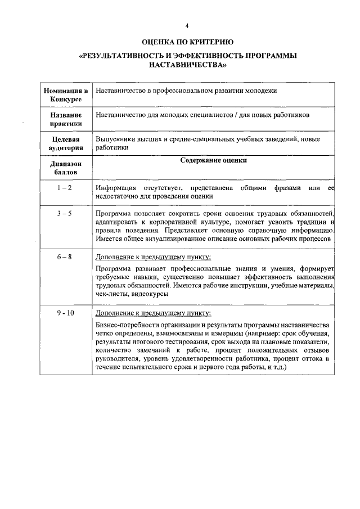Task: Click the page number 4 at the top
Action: point(187,26)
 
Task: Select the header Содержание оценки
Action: point(213,160)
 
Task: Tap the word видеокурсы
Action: point(152,295)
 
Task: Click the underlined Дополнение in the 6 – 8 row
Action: point(116,256)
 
